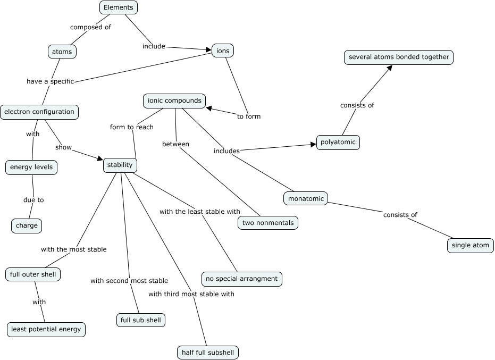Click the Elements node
(x=119, y=7)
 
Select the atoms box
(x=62, y=52)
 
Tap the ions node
(x=222, y=51)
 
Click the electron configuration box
(x=39, y=112)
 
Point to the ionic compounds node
(x=174, y=101)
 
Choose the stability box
(x=120, y=165)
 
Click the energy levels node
(x=31, y=168)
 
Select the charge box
(x=27, y=225)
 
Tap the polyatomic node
(x=338, y=143)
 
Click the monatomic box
(x=306, y=199)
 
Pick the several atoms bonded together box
(x=399, y=57)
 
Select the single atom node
(x=470, y=245)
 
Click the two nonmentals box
(x=267, y=223)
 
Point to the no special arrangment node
(x=241, y=278)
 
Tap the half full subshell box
(x=208, y=352)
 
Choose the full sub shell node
(x=141, y=320)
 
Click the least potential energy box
(x=46, y=329)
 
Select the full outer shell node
(x=33, y=274)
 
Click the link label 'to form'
(x=249, y=116)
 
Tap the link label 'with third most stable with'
(x=191, y=294)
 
